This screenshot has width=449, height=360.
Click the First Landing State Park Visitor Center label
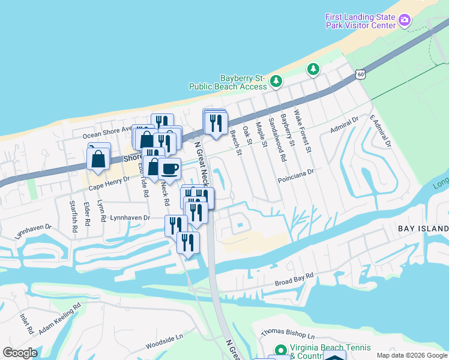(x=361, y=21)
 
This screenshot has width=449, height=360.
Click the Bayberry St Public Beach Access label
(x=228, y=83)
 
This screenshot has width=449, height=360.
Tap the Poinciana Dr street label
(x=296, y=172)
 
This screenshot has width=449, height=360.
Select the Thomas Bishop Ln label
(x=288, y=334)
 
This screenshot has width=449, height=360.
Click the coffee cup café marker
(x=170, y=169)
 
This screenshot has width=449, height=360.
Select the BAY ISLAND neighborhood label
(x=423, y=229)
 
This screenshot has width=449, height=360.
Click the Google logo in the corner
(x=20, y=353)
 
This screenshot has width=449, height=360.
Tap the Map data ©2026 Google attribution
(x=412, y=355)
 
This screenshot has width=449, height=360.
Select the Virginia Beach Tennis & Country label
(x=330, y=352)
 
